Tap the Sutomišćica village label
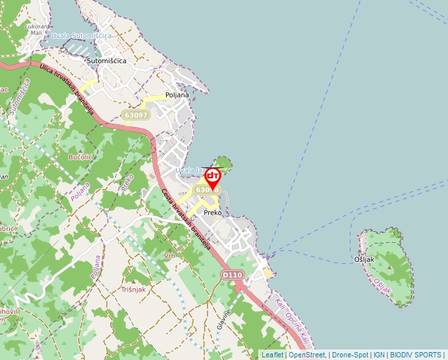point(106,61)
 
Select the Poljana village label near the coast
point(177,95)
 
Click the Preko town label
point(213,213)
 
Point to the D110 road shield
point(233,274)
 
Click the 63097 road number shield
point(136,115)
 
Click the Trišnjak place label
point(133,289)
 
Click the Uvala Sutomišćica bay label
point(81,36)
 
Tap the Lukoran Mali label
point(34,29)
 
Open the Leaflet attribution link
point(272,355)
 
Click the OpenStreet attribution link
point(307,355)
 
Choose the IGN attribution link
point(379,355)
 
